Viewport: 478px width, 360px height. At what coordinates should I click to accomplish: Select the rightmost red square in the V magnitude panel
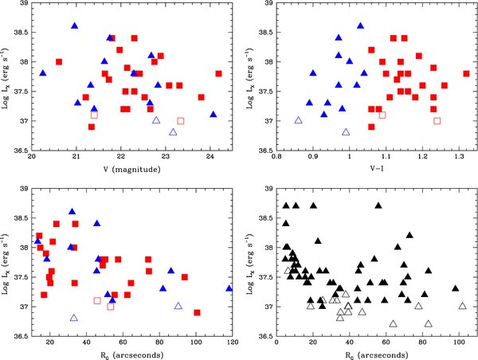pyautogui.click(x=218, y=73)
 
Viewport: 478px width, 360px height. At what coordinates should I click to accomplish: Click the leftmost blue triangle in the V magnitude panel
pyautogui.click(x=43, y=73)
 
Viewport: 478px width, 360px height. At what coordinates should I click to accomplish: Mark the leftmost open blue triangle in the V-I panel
pyautogui.click(x=299, y=120)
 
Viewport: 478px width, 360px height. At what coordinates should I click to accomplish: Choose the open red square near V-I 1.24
pyautogui.click(x=437, y=120)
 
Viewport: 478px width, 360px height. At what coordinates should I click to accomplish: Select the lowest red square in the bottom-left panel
pyautogui.click(x=197, y=312)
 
